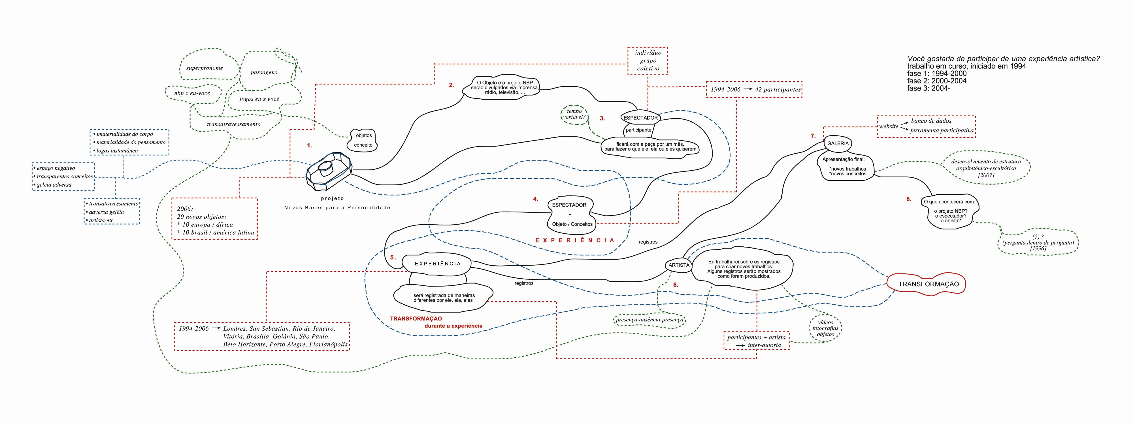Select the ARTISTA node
[679, 265]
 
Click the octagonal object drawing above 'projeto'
[329, 171]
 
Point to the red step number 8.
[909, 199]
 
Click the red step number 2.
[451, 85]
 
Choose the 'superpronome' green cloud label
[205, 68]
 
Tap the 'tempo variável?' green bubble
[574, 114]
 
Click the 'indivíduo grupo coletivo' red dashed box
[648, 61]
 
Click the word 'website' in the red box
[889, 126]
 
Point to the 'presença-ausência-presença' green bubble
[649, 320]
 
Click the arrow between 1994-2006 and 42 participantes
[748, 89]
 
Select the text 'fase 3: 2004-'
[928, 88]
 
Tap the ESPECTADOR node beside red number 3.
[640, 117]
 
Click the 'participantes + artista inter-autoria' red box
[757, 341]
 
